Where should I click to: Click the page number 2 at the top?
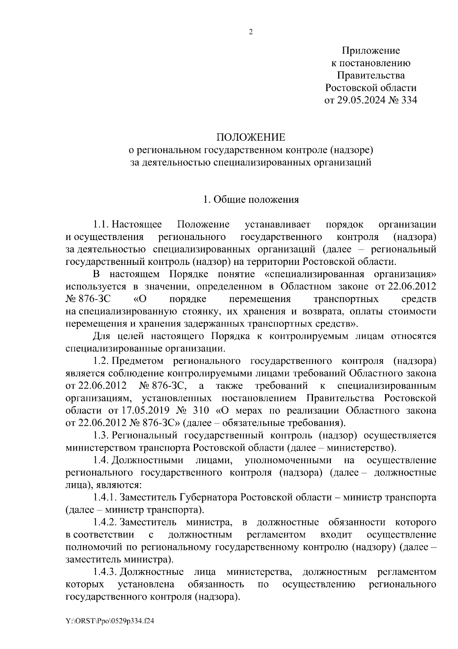pyautogui.click(x=251, y=32)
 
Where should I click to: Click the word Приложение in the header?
pyautogui.click(x=371, y=50)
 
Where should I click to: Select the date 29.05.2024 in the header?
pyautogui.click(x=360, y=101)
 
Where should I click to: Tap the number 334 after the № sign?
pyautogui.click(x=408, y=101)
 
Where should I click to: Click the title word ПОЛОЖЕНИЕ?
pyautogui.click(x=251, y=138)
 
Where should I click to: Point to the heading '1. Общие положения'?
pyautogui.click(x=251, y=200)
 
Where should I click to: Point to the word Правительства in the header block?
pyautogui.click(x=371, y=75)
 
